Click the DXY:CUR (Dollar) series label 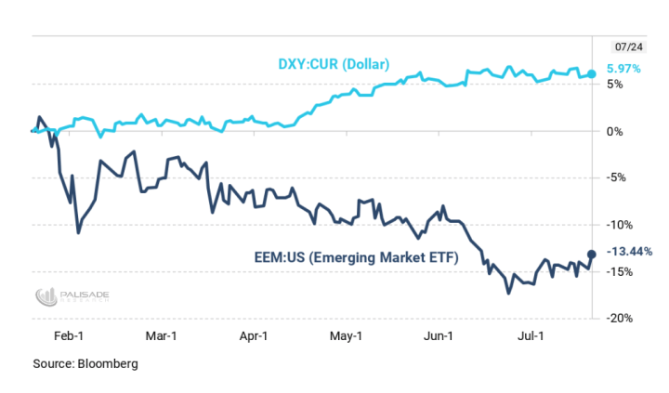(x=334, y=64)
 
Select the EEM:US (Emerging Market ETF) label (x=357, y=258)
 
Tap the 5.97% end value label (x=623, y=69)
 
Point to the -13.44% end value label (x=630, y=251)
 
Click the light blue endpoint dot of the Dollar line (x=593, y=72)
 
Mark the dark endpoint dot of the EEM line (x=592, y=254)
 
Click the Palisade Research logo (x=72, y=296)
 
